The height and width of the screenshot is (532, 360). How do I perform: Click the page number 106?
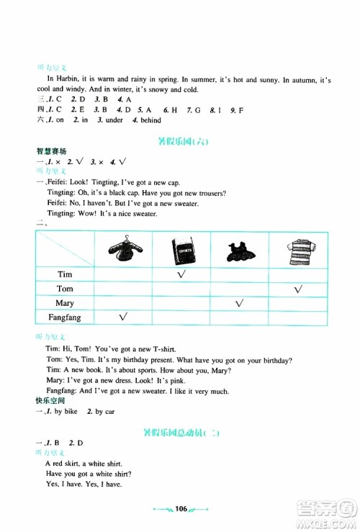click(x=181, y=509)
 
